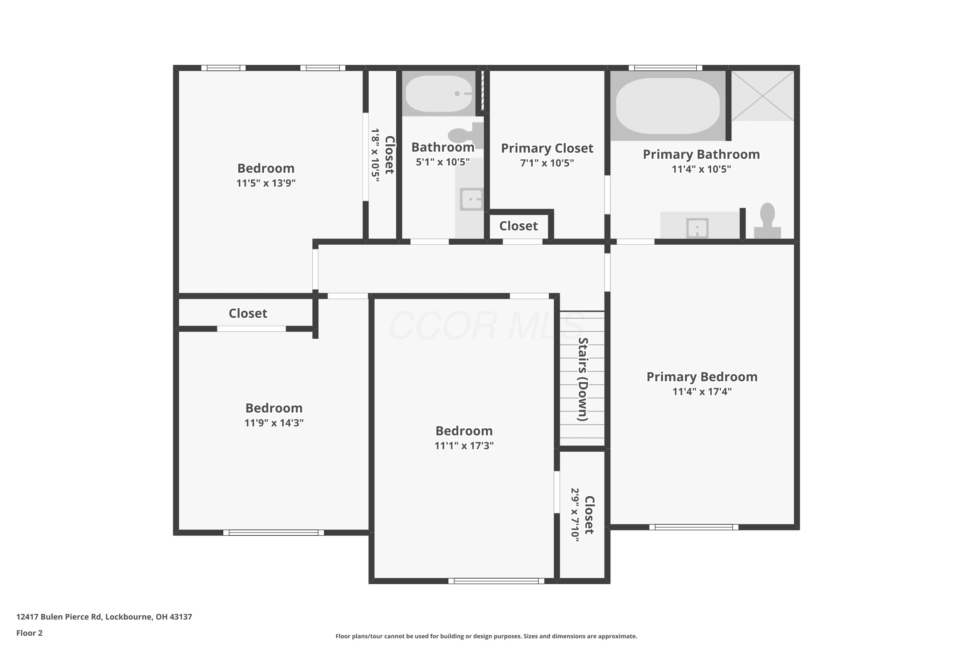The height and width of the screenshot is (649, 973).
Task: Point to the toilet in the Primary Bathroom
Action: [x=767, y=220]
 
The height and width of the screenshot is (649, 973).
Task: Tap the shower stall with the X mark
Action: [x=763, y=96]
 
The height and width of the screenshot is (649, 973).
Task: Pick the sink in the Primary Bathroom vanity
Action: [x=698, y=228]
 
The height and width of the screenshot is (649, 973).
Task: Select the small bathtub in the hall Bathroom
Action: [x=438, y=93]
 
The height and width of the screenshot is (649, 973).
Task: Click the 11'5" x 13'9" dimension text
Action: [x=266, y=183]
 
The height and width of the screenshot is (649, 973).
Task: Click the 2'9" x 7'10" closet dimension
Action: [x=575, y=515]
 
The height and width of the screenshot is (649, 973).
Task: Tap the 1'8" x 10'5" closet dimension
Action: [x=375, y=155]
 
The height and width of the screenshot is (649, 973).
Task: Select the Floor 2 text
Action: [x=30, y=633]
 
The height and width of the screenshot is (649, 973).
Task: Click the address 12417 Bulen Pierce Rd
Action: [x=59, y=617]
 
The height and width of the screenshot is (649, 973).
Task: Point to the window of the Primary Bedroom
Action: [x=694, y=527]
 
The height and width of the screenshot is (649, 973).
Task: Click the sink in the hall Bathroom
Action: [x=472, y=200]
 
